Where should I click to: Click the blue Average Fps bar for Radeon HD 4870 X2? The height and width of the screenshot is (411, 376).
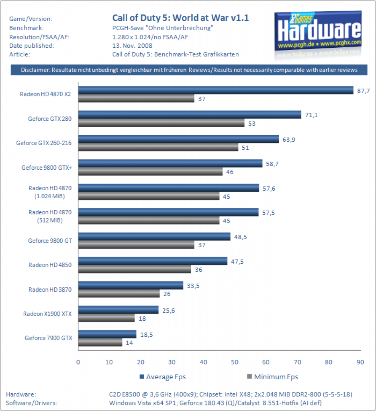[216, 90]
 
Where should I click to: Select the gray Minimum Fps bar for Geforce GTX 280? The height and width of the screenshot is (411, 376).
[161, 123]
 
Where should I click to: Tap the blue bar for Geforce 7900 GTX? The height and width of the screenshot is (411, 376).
[107, 334]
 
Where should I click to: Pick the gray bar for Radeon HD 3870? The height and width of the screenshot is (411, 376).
[119, 293]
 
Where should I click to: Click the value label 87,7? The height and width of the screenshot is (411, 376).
[364, 91]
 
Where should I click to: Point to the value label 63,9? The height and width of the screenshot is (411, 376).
[288, 140]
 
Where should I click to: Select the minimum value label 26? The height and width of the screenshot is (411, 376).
[167, 294]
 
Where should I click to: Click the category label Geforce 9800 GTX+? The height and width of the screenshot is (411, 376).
[47, 168]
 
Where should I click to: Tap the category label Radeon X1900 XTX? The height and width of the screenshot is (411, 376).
[47, 314]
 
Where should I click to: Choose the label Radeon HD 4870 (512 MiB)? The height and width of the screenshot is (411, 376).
[50, 216]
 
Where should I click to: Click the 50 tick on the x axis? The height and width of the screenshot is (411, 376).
[235, 362]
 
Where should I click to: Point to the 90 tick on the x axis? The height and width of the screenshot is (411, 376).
[360, 362]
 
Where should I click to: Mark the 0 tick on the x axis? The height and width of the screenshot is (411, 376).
[78, 362]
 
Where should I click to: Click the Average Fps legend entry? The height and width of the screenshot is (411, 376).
[163, 377]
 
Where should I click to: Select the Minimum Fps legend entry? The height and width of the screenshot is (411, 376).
[273, 377]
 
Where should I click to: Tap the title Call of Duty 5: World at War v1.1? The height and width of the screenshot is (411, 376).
[180, 18]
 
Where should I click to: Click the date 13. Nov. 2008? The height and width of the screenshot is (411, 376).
[132, 46]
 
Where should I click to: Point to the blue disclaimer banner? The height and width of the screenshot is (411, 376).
[189, 70]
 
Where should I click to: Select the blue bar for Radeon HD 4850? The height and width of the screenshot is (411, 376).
[153, 261]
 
